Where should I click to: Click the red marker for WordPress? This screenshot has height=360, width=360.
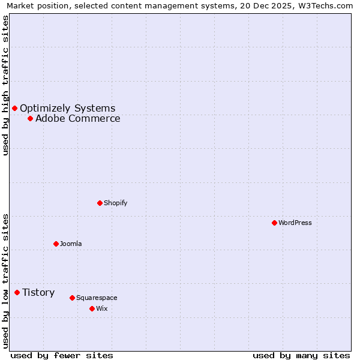(274, 223)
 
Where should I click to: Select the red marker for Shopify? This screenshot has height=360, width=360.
(100, 203)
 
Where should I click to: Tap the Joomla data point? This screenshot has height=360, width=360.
(56, 244)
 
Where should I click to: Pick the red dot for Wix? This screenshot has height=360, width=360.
(92, 308)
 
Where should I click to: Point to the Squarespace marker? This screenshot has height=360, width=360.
(72, 298)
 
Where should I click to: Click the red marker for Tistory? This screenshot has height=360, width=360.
(17, 292)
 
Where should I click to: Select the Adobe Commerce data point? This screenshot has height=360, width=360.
(30, 118)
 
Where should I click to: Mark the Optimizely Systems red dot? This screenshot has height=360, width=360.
(14, 108)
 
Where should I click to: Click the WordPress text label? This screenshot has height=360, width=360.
(295, 223)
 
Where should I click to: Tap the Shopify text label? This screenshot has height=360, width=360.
(115, 203)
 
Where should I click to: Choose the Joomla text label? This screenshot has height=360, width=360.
(71, 244)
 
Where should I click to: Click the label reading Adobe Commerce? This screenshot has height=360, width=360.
(77, 118)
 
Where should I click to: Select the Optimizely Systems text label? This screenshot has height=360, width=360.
(67, 108)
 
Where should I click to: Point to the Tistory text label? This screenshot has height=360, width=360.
(38, 292)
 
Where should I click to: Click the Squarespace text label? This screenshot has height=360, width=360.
(97, 298)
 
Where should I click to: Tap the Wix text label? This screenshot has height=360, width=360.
(101, 308)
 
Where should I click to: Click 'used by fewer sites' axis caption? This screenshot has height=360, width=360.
(62, 355)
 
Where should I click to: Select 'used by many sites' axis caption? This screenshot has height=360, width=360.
(301, 355)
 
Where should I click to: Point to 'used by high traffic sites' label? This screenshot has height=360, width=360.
(5, 85)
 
